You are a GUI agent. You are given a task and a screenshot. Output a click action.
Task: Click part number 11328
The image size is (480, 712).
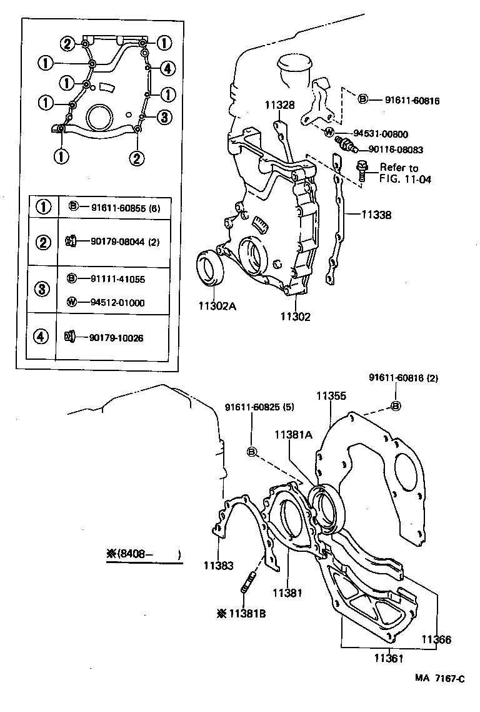point(278,105)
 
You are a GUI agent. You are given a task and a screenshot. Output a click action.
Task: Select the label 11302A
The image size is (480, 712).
point(217,307)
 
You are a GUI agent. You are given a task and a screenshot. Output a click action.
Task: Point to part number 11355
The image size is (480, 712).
point(331,395)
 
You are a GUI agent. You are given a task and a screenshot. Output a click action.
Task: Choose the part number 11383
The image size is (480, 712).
point(218,566)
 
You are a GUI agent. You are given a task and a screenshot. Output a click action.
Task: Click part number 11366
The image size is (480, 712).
point(436,639)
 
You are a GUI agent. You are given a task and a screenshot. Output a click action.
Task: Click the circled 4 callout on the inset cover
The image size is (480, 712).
point(166,68)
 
